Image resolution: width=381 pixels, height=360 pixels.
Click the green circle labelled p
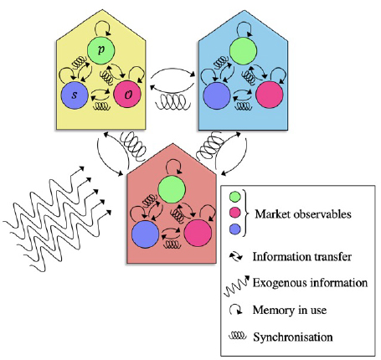(100, 50)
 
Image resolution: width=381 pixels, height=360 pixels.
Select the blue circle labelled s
(75, 95)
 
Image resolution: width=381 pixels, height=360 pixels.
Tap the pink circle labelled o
(127, 94)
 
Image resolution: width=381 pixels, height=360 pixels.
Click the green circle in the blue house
(243, 51)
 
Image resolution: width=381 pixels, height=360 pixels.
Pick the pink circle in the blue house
(270, 95)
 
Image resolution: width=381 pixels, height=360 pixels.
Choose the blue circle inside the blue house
(217, 95)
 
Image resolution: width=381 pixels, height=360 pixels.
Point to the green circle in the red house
(172, 189)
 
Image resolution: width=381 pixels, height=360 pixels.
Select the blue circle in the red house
(146, 234)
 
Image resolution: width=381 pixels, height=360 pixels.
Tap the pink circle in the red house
(198, 233)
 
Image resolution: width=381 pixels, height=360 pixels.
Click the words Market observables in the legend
(303, 214)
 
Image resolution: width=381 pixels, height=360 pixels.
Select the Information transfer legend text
(302, 257)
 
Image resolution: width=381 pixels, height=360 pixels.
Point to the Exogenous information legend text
(310, 283)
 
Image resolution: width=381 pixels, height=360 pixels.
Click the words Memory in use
(290, 310)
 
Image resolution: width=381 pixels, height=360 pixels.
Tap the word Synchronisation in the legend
(293, 337)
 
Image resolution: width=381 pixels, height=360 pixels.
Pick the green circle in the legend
(234, 197)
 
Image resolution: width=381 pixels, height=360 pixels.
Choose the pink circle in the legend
(234, 213)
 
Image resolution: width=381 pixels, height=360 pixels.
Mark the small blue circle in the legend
(234, 229)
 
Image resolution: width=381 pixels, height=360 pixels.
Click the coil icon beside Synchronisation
(238, 336)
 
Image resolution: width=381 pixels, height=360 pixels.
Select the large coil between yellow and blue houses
(173, 102)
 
